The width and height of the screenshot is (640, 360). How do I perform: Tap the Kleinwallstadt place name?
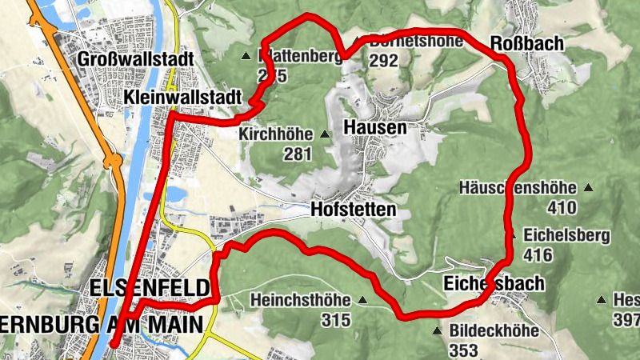tap(183, 96)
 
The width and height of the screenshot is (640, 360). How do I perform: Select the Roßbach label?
tap(526, 43)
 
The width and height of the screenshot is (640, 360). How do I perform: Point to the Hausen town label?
tap(374, 127)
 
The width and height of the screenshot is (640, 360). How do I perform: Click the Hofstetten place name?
tap(354, 209)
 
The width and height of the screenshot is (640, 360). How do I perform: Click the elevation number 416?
tap(539, 255)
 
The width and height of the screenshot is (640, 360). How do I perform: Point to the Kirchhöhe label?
tap(277, 134)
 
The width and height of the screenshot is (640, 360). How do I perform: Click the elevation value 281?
tap(297, 154)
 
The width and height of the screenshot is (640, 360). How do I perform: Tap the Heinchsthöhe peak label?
tap(301, 301)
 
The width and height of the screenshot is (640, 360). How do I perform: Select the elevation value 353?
tap(463, 350)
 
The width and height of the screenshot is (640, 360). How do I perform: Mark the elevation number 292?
tap(384, 61)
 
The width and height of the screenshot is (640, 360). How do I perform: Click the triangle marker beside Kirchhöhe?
tap(325, 134)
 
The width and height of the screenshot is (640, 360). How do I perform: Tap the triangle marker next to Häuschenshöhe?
tap(589, 189)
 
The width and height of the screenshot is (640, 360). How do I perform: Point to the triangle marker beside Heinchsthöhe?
tap(362, 302)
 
